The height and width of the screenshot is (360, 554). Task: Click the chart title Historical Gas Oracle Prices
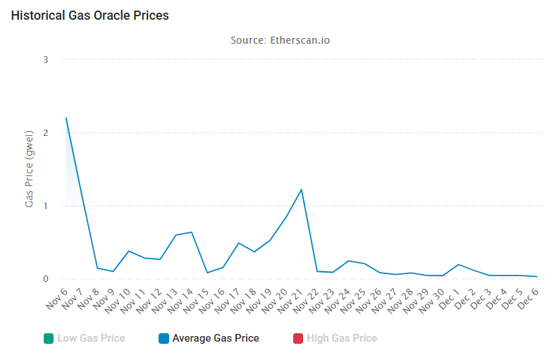90,15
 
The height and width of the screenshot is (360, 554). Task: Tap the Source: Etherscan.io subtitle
280,40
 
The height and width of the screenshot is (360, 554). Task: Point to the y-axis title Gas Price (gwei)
30,168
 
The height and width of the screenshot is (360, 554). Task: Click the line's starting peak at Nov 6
66,118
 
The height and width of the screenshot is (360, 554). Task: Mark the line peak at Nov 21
302,190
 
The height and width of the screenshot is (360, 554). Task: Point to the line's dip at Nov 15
207,273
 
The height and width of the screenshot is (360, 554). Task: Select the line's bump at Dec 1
459,265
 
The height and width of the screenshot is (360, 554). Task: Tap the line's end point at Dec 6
537,277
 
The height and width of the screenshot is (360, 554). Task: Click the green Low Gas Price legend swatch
48,338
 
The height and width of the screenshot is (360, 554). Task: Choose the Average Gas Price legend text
215,338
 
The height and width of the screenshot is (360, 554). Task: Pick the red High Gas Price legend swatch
297,338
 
